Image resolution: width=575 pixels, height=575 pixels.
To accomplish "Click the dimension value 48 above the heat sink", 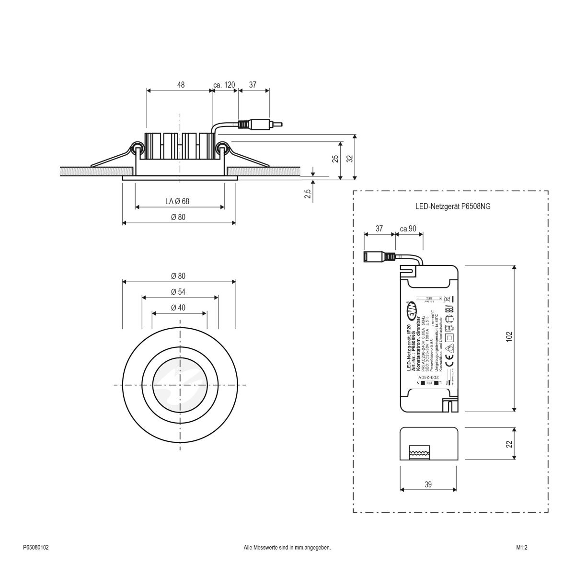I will pyautogui.click(x=181, y=85).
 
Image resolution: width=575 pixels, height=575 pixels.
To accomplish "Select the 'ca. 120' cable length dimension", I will pyautogui.click(x=224, y=85).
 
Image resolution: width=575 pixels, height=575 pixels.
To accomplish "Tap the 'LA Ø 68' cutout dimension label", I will pyautogui.click(x=177, y=202).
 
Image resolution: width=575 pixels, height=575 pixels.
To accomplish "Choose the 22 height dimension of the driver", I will pyautogui.click(x=509, y=444).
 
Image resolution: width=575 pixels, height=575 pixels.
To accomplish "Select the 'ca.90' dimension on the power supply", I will pyautogui.click(x=408, y=229).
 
